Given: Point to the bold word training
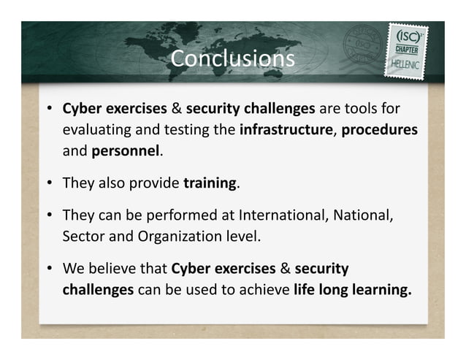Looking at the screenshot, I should [x=210, y=183].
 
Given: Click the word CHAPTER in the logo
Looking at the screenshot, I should [x=405, y=49].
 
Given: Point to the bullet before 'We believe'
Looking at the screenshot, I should [x=48, y=268].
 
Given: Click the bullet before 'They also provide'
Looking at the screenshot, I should [x=48, y=183].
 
